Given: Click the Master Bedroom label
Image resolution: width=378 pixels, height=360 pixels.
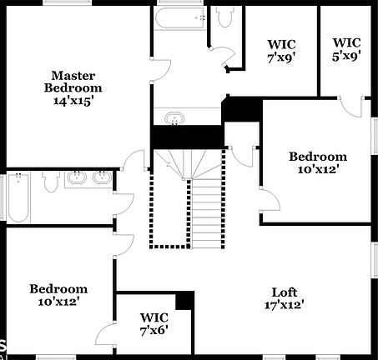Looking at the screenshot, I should pos(73,81).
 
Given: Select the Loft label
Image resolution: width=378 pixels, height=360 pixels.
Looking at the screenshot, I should pos(284,292).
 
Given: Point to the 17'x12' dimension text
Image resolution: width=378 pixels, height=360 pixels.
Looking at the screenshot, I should pos(284,304).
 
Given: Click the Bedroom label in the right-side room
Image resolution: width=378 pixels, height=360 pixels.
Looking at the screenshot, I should pos(317,156).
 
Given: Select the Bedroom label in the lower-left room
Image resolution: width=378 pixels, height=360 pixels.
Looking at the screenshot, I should pos(58,289).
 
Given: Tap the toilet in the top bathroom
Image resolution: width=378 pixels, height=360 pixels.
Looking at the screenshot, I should pos(224,16).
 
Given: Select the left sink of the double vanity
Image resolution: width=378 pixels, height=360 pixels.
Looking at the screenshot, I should pos(77,177).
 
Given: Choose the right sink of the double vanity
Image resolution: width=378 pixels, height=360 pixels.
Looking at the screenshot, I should pos(102,177).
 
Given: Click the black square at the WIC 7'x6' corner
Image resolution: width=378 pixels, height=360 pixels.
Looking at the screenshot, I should pos(184,301).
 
